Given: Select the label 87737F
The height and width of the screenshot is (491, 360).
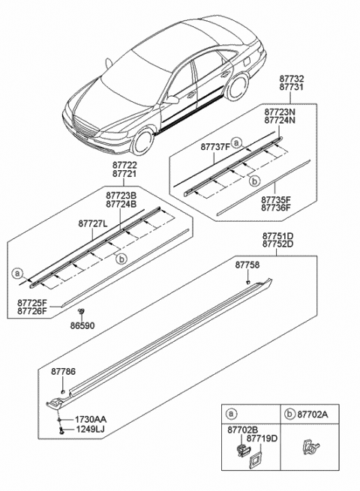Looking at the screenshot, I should [214, 148].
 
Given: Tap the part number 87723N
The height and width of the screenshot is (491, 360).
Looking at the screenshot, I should [277, 111].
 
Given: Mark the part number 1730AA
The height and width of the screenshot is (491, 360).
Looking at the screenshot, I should [90, 420].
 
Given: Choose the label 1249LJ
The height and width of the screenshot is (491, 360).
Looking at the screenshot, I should [90, 430].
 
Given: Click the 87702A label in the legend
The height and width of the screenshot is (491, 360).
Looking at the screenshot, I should [314, 413].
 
